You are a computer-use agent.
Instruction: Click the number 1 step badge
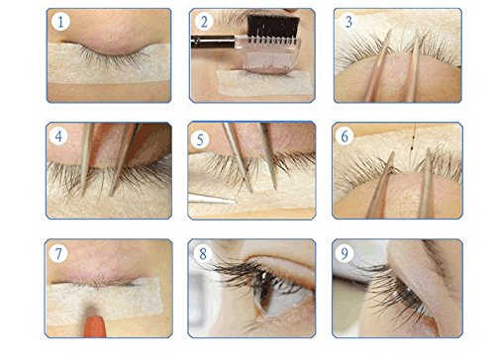(60, 22)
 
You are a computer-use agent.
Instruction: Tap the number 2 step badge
(204, 22)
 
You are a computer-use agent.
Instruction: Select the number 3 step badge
(348, 22)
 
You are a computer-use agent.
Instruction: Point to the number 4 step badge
(58, 135)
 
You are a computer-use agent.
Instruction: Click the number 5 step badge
(200, 139)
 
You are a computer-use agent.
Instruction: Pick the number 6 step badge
(345, 135)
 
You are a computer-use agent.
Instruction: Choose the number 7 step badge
(58, 253)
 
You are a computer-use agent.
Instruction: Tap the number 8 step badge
(203, 253)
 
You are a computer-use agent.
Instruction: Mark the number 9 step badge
(345, 253)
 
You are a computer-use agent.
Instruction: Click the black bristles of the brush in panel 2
(273, 26)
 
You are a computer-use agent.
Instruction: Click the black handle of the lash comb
(213, 42)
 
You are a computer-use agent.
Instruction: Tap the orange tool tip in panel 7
(95, 326)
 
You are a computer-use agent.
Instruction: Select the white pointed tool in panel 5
(212, 199)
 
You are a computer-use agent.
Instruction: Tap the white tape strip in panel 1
(109, 62)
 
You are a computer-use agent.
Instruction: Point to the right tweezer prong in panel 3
(413, 66)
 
